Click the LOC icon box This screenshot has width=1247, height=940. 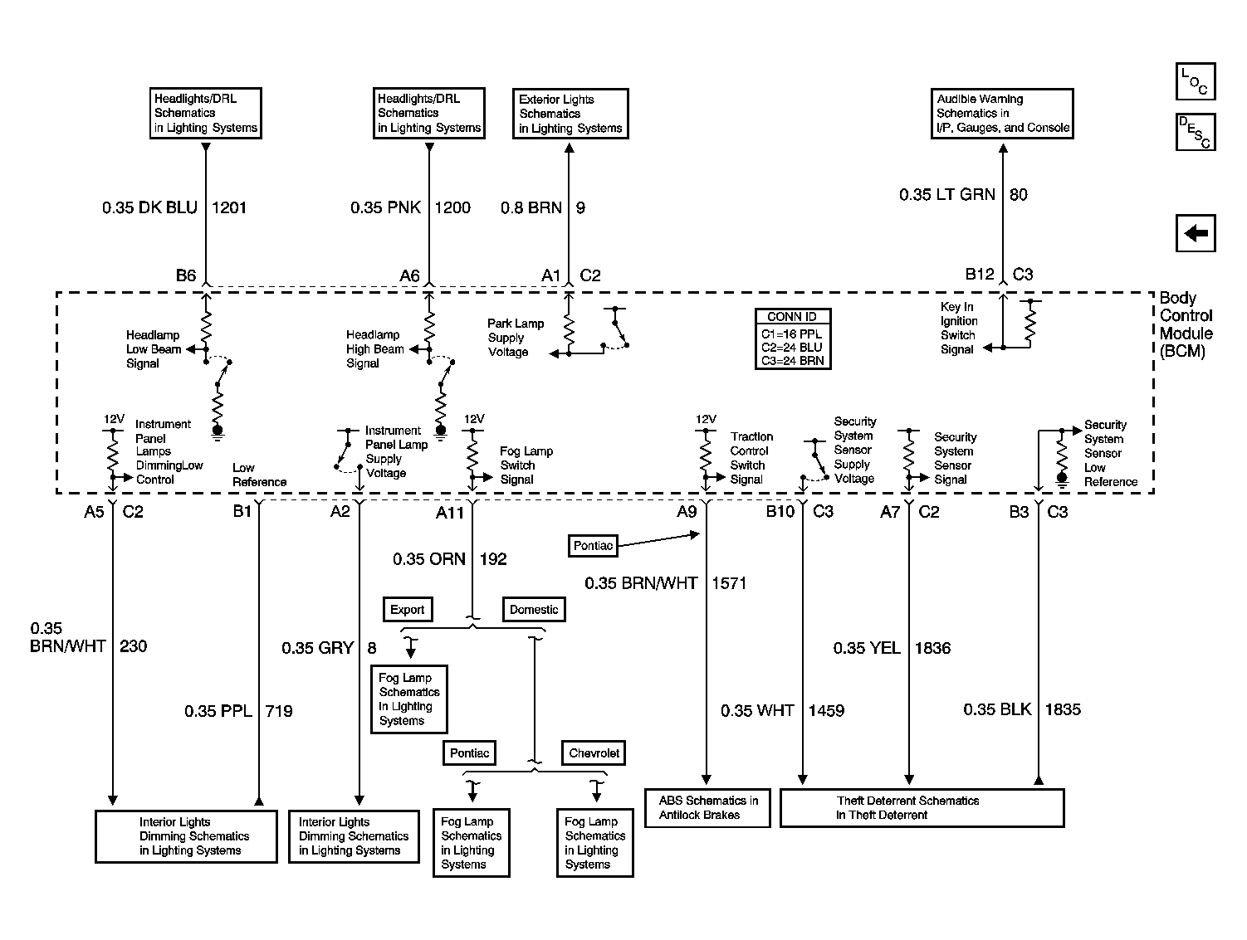[x=1196, y=81]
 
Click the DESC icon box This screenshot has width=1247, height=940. [x=1196, y=132]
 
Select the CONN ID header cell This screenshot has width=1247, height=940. [x=793, y=316]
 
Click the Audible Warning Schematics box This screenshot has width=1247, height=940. [x=1002, y=114]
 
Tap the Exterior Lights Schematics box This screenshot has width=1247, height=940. [x=570, y=114]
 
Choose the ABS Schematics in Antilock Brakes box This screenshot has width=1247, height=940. [x=707, y=808]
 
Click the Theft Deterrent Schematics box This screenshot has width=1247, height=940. [x=922, y=808]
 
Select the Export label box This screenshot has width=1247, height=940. [x=408, y=610]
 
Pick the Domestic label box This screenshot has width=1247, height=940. [x=534, y=610]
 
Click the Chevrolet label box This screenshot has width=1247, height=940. [x=594, y=753]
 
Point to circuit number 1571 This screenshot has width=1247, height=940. [x=729, y=583]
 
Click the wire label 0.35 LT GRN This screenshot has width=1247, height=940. [x=947, y=195]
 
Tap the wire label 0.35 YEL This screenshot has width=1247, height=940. [x=867, y=648]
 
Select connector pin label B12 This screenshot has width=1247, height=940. [x=980, y=274]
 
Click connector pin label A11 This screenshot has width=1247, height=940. [x=449, y=513]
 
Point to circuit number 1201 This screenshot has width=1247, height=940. [x=229, y=207]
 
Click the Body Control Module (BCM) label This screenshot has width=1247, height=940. [x=1186, y=324]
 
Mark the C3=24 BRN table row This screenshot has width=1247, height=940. [x=793, y=360]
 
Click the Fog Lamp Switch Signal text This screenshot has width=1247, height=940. [x=526, y=465]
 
